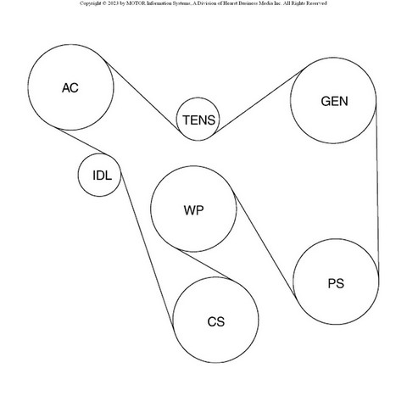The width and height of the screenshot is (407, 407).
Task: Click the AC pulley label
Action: (70, 88)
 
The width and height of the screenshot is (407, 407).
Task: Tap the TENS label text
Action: (198, 120)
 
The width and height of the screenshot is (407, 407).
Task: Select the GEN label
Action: (334, 101)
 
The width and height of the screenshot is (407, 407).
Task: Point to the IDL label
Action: (102, 176)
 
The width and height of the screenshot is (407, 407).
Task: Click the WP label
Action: (193, 210)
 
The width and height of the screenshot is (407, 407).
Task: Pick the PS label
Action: (336, 283)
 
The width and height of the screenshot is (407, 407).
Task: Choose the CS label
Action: (216, 322)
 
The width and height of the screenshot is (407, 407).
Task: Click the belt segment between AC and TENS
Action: (142, 95)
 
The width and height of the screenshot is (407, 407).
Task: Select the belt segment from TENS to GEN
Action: (259, 101)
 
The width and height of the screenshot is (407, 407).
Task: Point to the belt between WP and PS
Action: (265, 245)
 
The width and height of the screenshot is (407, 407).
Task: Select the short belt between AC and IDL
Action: (81, 142)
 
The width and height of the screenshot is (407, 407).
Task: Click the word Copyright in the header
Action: (91, 3)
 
